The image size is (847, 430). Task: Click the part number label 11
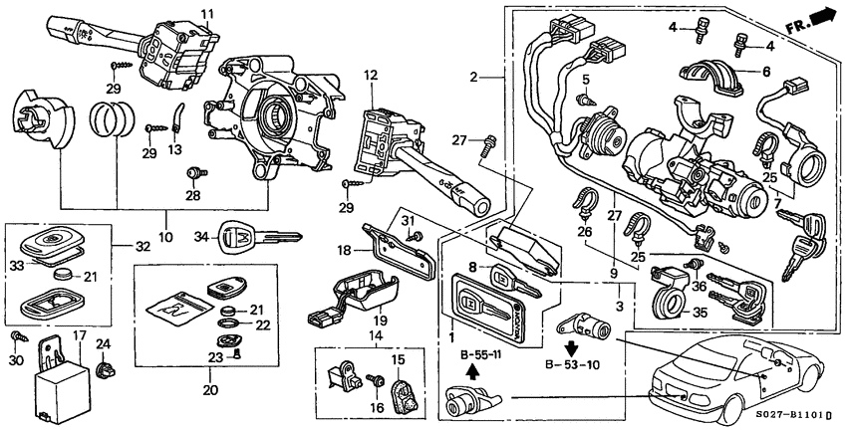tap(207, 13)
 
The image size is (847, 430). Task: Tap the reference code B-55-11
tap(481, 354)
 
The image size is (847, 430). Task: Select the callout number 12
tap(371, 75)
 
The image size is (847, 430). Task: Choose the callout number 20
tap(209, 389)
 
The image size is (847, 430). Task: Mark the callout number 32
tap(142, 245)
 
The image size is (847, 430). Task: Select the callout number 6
tap(765, 72)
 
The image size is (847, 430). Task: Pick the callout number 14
tap(377, 336)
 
